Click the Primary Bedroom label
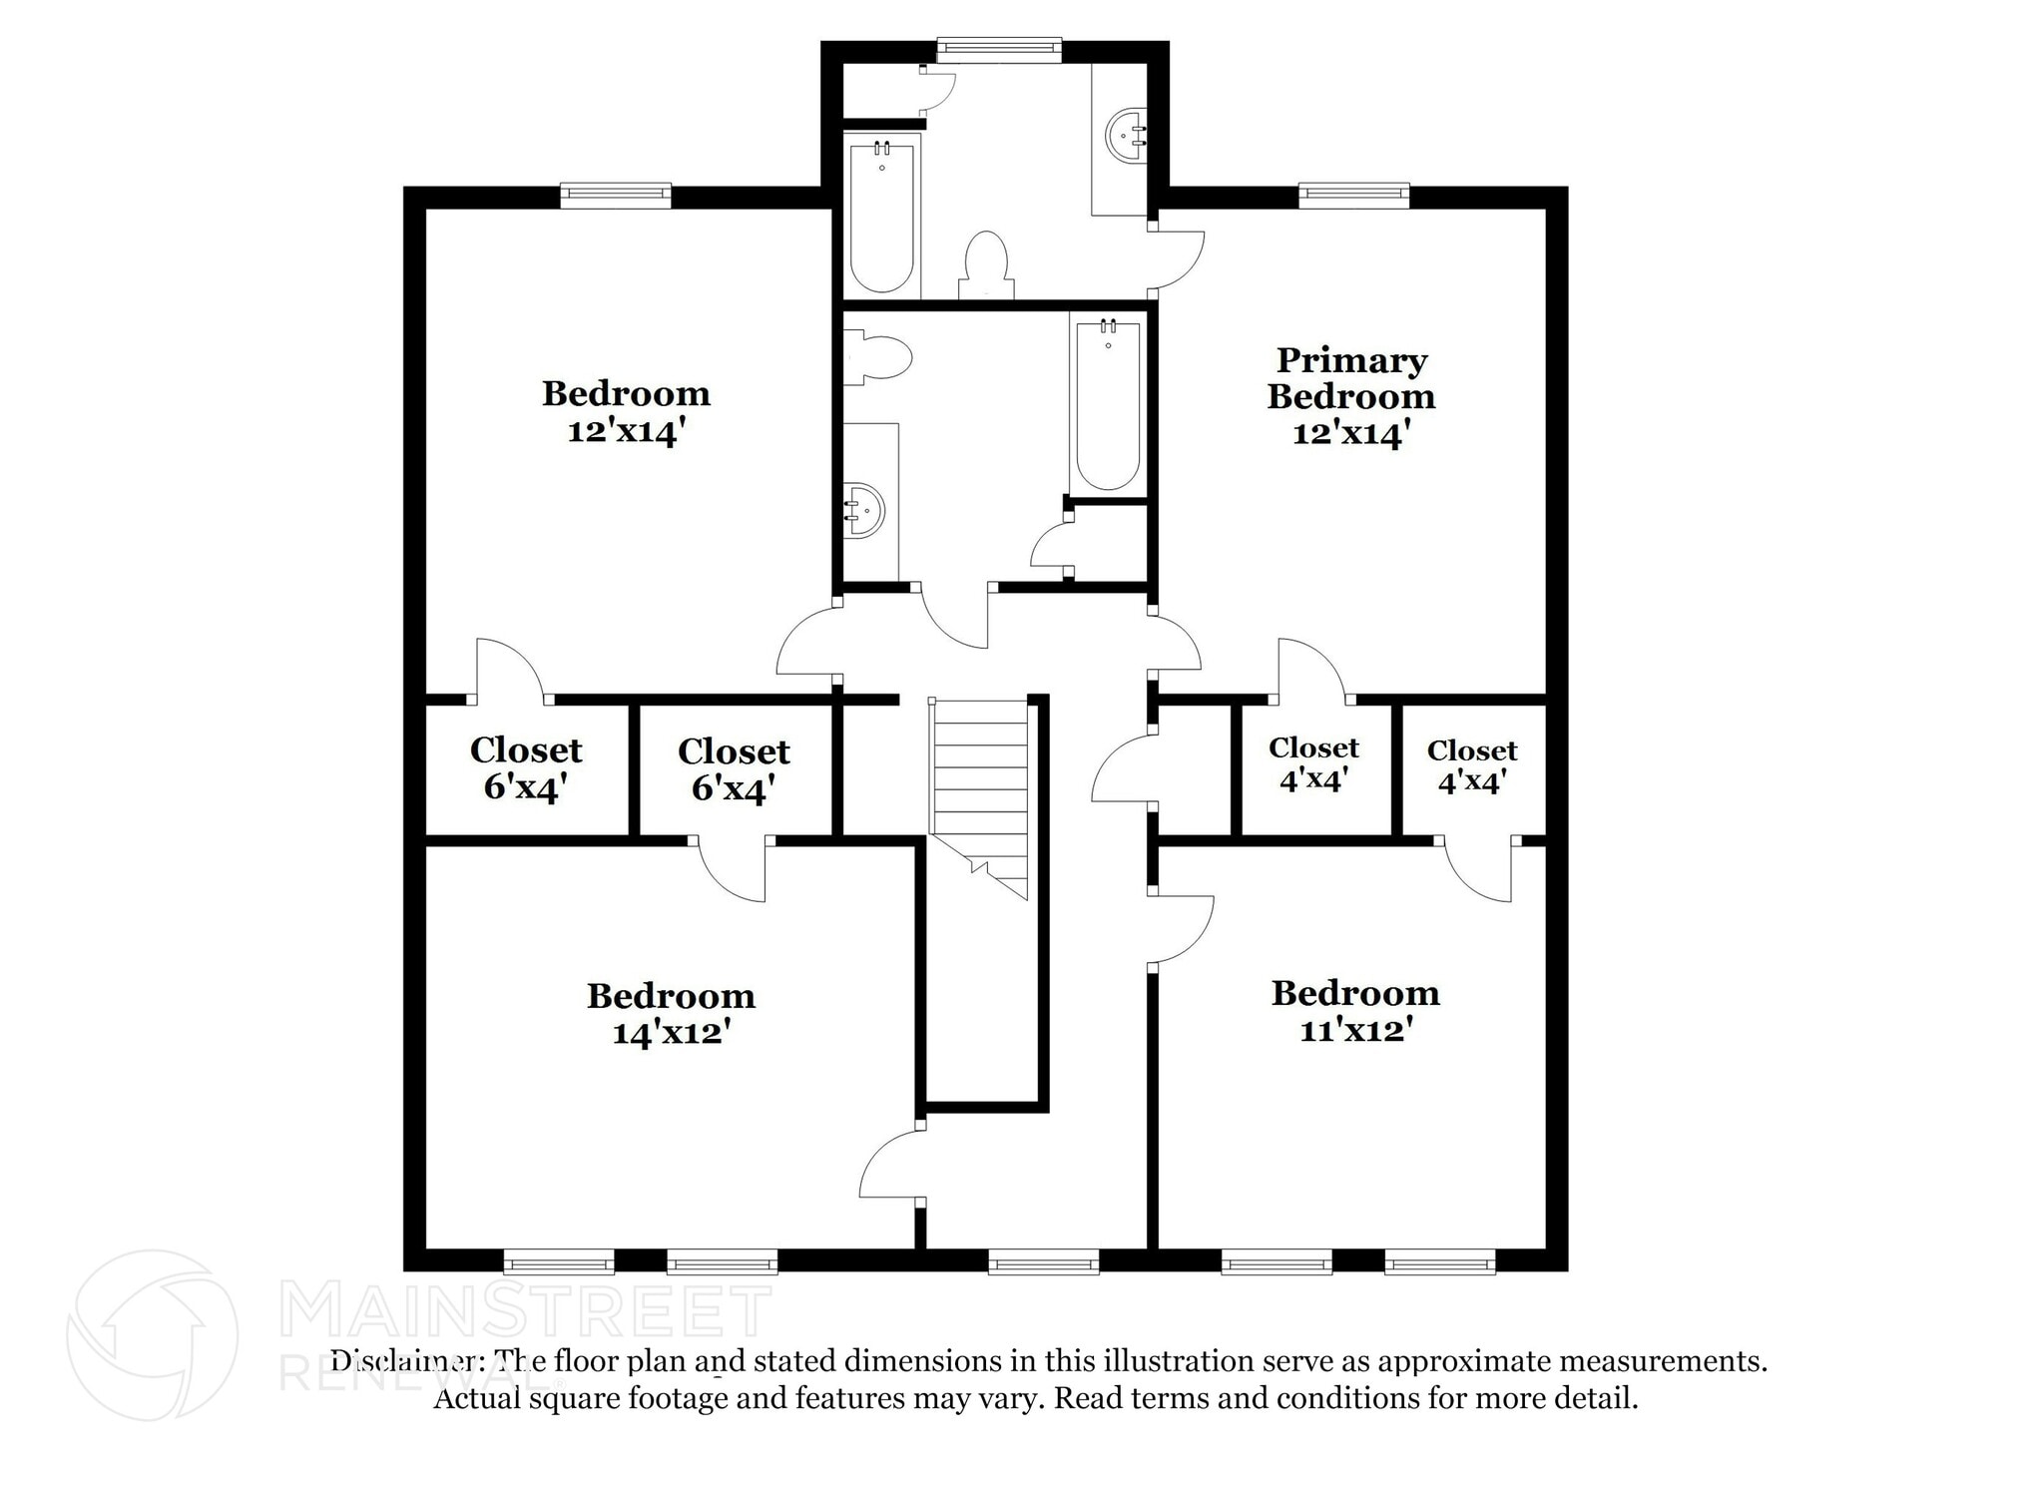1351,378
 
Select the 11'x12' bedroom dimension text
1355,1029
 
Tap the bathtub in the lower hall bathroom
1107,404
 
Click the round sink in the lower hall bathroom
864,510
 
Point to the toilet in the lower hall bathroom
882,357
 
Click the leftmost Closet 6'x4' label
526,768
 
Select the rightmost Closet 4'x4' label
1471,766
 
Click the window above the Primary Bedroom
1353,195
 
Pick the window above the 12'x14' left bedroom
615,195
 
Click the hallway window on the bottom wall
1043,1262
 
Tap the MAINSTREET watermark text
526,1311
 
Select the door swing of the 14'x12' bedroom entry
890,1164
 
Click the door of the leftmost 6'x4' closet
510,668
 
